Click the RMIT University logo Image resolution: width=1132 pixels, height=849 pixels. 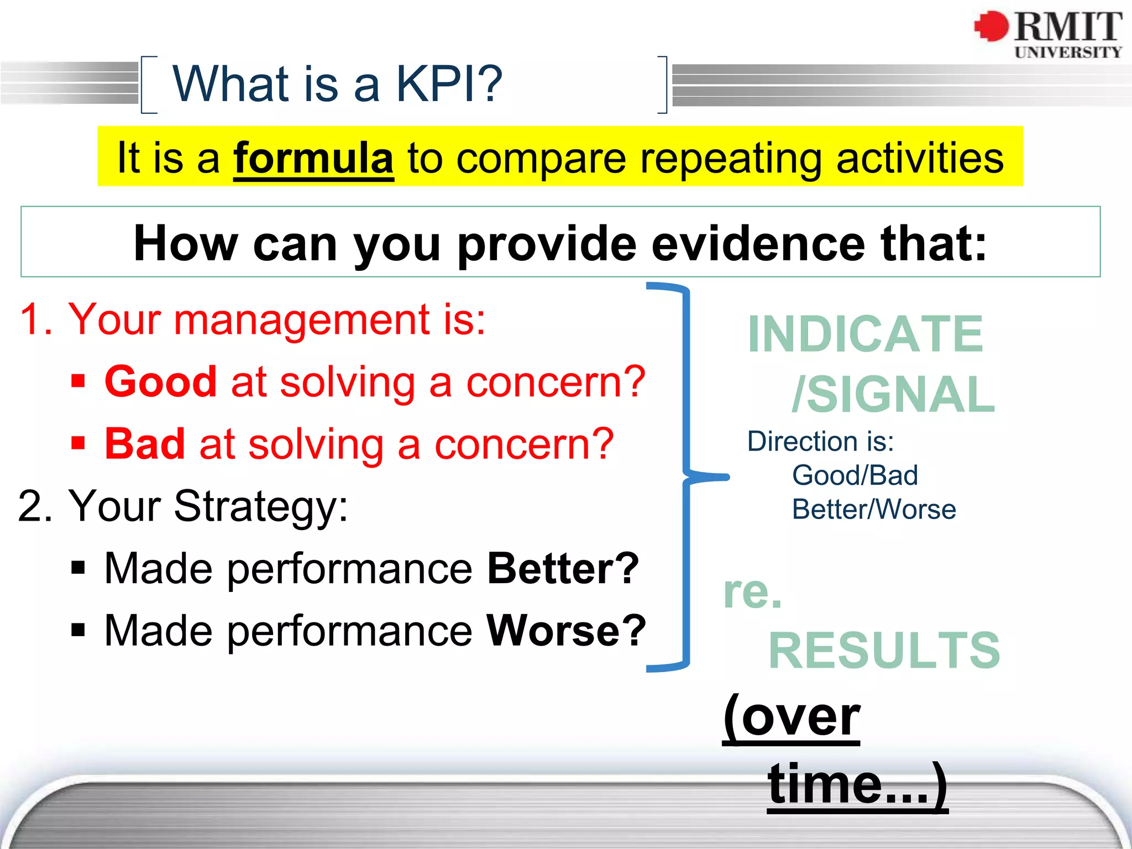pos(1048,34)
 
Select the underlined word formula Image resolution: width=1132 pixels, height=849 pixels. pos(313,159)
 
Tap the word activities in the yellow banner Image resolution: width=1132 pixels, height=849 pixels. pos(920,159)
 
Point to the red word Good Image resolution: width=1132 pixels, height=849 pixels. pos(161,382)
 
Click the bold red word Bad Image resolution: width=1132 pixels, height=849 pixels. pos(145,444)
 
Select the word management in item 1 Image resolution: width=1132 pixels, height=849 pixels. pos(302,320)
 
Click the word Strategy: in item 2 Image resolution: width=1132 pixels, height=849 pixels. pos(261,506)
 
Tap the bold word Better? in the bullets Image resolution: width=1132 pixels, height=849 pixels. pos(563,569)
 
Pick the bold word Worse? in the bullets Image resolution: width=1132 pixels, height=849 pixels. pos(566,631)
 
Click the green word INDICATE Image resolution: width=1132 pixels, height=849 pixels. pos(866,334)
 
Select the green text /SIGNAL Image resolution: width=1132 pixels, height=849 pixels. pos(893,395)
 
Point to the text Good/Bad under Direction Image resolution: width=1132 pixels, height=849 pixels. pos(855,476)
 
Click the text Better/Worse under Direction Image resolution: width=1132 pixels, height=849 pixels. pos(873,510)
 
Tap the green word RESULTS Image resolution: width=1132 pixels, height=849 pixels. pos(884,651)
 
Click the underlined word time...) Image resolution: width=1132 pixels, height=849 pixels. pos(857,784)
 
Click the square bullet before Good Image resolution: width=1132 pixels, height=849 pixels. pos(78,381)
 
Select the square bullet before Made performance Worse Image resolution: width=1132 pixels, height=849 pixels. pos(78,630)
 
